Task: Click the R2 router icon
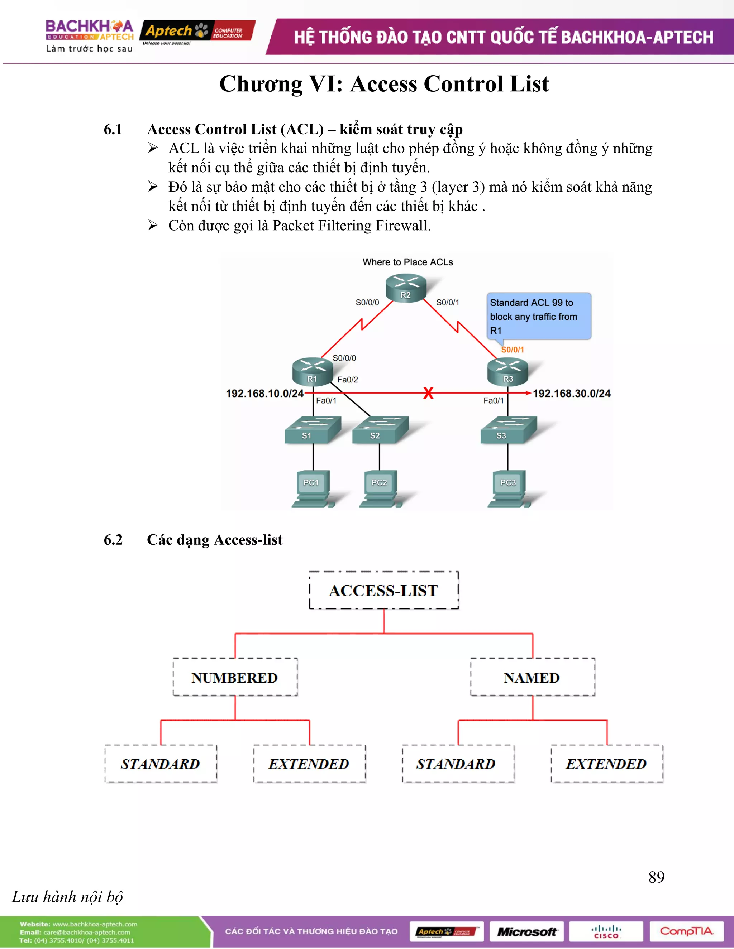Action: (x=406, y=287)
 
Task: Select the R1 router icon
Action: (x=312, y=371)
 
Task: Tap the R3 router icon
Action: (x=507, y=371)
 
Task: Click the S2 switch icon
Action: (x=380, y=430)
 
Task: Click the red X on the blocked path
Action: (x=428, y=393)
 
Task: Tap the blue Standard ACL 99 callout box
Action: (x=538, y=316)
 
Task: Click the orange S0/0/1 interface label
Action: (x=512, y=350)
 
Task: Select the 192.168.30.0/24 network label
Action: (x=571, y=393)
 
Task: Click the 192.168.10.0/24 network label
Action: (x=264, y=393)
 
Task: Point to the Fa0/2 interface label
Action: (x=347, y=379)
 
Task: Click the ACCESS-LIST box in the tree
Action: (x=383, y=590)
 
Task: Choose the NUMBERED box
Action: (x=235, y=677)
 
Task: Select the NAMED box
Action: (x=532, y=677)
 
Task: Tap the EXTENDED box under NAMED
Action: (x=607, y=763)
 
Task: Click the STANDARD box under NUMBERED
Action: (x=161, y=763)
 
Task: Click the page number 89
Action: (x=656, y=877)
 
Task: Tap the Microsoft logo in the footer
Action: (x=526, y=931)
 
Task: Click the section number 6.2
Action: (x=113, y=539)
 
